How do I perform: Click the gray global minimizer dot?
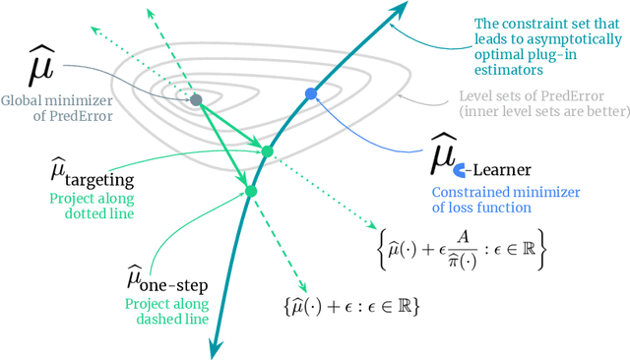point(196,99)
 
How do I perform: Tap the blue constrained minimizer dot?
point(311,93)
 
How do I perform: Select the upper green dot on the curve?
point(267,150)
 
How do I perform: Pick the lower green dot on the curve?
point(251,191)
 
